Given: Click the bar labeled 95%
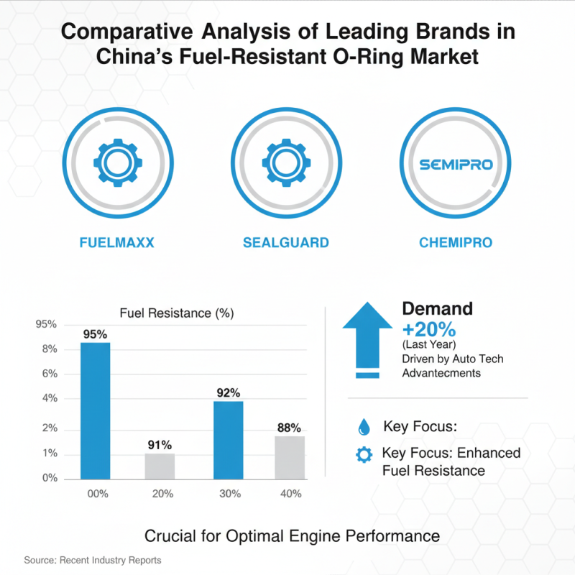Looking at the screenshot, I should [x=96, y=410].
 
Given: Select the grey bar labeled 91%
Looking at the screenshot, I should [x=160, y=466].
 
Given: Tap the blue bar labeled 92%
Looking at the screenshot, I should [x=229, y=440].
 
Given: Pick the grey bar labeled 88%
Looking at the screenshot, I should [x=290, y=457].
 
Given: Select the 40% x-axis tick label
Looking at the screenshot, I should [x=291, y=494].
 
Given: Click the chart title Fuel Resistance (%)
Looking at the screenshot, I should [x=176, y=313].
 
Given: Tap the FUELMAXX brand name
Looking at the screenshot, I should [x=117, y=243].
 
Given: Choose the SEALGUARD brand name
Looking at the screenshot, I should [x=286, y=243].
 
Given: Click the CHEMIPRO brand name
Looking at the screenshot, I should [x=456, y=243].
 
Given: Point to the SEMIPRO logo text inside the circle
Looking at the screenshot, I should [x=456, y=165].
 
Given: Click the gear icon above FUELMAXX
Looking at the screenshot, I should [x=117, y=165].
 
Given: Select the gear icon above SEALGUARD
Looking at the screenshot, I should [x=286, y=165].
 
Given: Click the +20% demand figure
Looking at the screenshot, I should [x=429, y=330].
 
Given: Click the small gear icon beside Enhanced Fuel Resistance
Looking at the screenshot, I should [x=364, y=454].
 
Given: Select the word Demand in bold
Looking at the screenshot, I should [x=437, y=309].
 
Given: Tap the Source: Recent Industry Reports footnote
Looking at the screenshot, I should [x=92, y=560].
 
